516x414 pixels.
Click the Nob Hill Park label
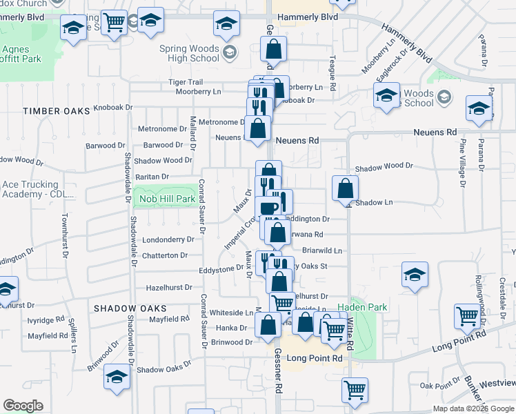tap(168, 199)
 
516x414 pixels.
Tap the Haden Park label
tap(362, 307)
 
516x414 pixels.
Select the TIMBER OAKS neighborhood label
tap(52, 111)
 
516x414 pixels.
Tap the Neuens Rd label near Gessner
tap(297, 140)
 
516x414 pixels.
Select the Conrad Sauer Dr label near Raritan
tap(202, 204)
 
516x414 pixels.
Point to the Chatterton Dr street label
tap(165, 255)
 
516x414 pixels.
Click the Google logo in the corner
tap(23, 406)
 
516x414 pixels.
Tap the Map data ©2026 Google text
tap(473, 408)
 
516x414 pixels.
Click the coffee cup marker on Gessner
tap(268, 208)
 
